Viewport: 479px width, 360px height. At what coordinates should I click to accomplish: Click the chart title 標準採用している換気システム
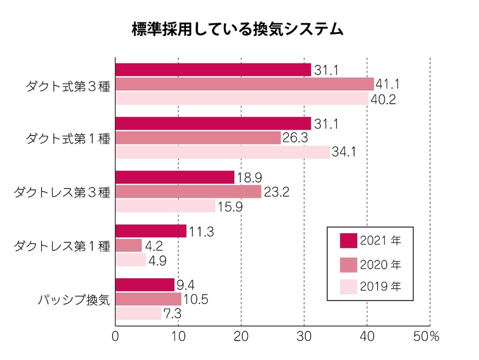(x=238, y=29)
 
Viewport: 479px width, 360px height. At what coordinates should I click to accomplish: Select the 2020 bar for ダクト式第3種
(x=244, y=84)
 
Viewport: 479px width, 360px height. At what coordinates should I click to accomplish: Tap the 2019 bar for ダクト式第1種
(x=223, y=152)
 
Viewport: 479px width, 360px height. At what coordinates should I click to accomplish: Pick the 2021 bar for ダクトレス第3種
(x=175, y=177)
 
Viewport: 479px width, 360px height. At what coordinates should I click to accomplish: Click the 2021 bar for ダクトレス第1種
(x=151, y=231)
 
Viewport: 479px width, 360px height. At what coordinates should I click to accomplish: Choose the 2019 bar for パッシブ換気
(x=138, y=314)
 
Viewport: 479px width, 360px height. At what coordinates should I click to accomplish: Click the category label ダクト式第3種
(x=68, y=85)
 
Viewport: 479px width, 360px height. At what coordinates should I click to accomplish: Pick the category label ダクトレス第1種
(x=61, y=246)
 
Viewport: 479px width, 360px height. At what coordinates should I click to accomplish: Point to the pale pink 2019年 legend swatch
(x=348, y=287)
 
